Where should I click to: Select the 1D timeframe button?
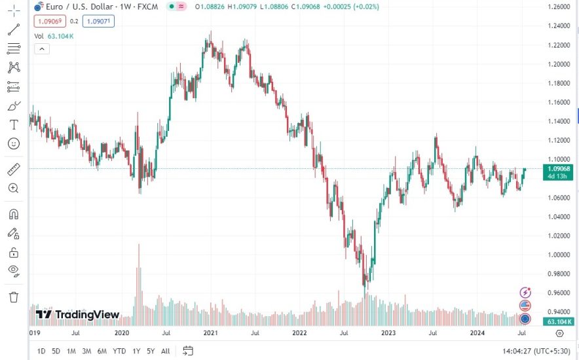point(41,351)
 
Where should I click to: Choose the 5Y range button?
point(151,351)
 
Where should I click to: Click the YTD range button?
point(119,351)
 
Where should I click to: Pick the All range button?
point(165,351)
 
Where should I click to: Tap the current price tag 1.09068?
point(559,168)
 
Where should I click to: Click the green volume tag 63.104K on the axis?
point(559,321)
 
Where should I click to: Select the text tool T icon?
point(14,124)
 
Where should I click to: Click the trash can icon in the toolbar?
point(14,297)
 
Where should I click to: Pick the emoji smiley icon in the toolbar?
point(14,143)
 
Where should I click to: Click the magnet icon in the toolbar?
point(14,214)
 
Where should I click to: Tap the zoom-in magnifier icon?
point(14,188)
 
